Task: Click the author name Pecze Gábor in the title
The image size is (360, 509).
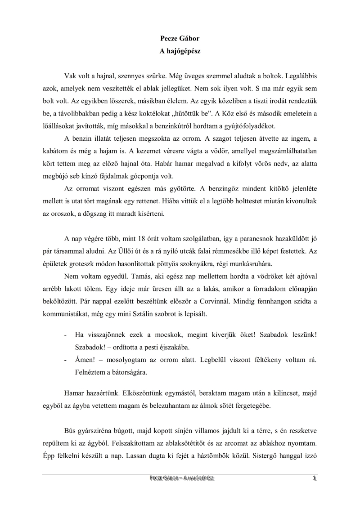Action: [x=180, y=39]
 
